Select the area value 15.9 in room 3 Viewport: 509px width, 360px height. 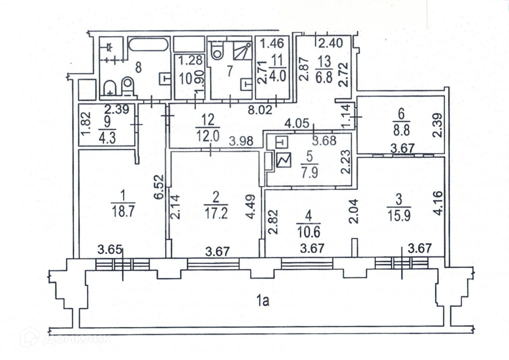(x=399, y=216)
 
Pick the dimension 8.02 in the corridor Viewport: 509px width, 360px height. (x=260, y=110)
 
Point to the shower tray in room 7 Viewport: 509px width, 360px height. (x=242, y=51)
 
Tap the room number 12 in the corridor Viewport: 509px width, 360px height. (x=208, y=120)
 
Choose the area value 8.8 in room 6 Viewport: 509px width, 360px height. (x=402, y=130)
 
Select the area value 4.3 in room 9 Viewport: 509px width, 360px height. (x=107, y=138)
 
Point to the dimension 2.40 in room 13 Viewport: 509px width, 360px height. (x=330, y=43)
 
